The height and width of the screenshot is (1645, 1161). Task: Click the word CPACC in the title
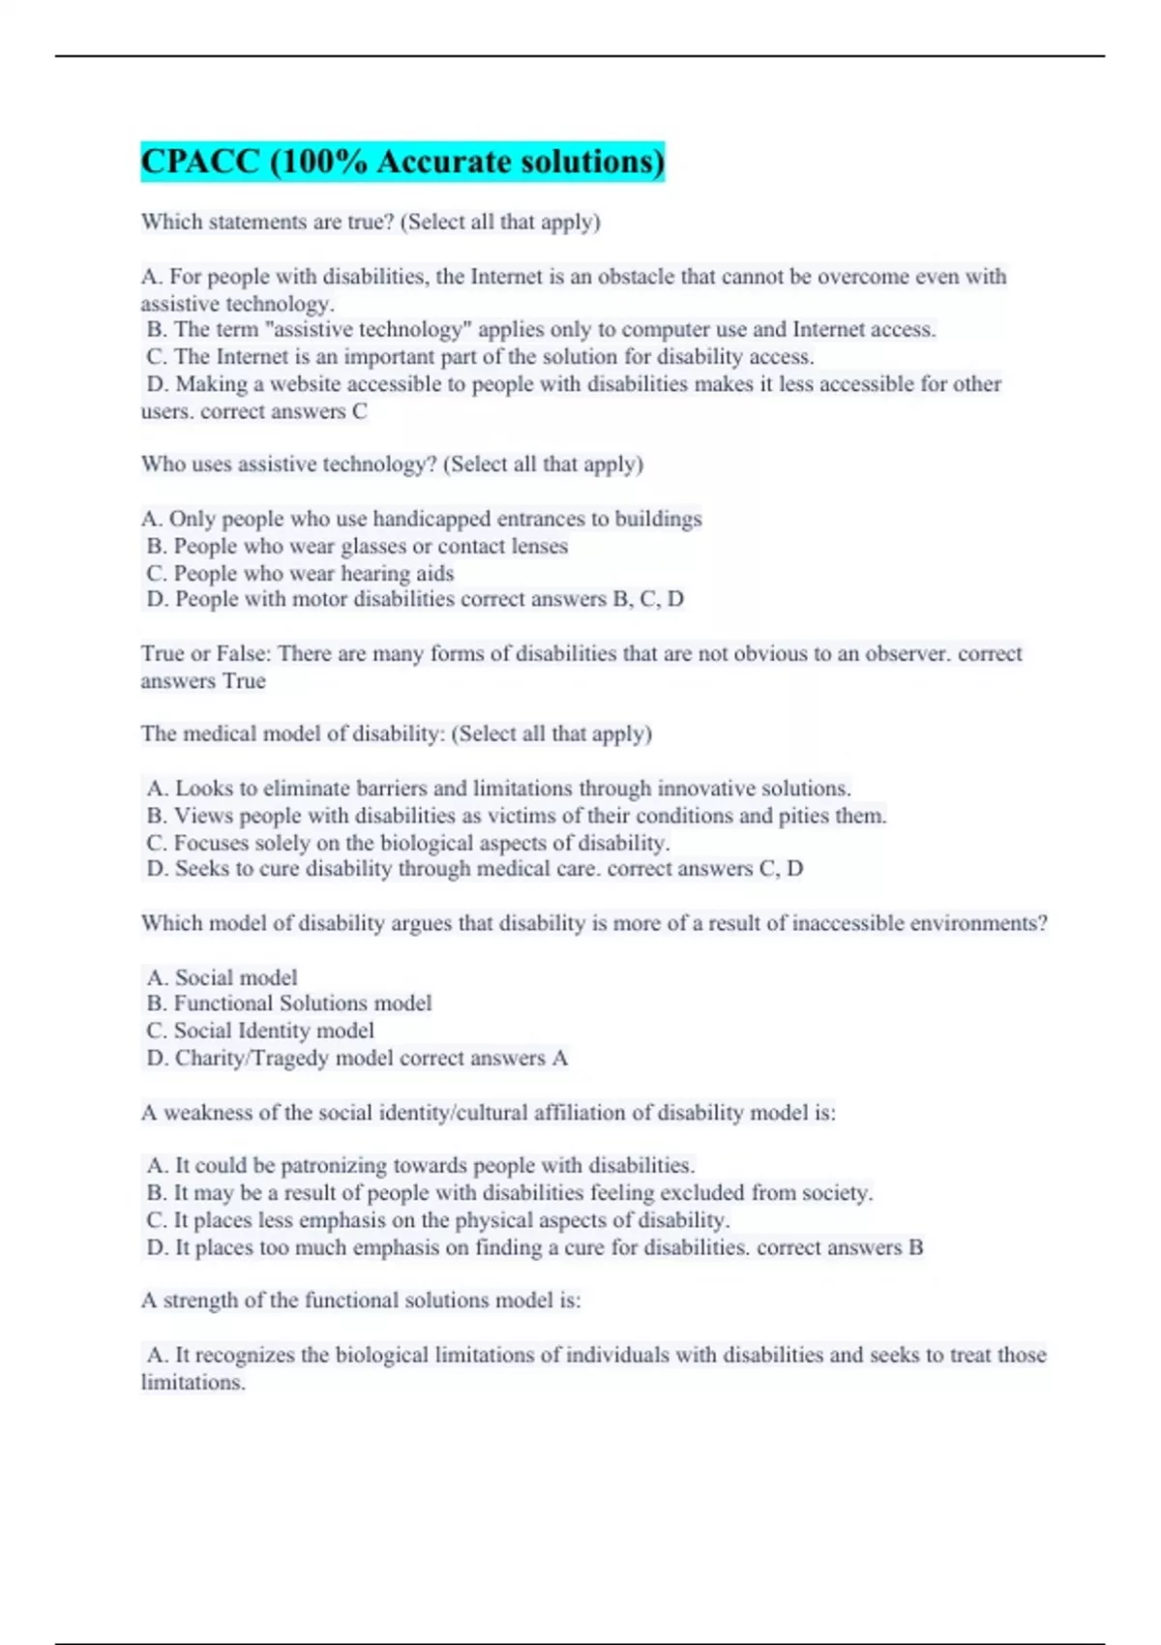pos(200,162)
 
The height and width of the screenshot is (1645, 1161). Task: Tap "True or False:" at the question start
pos(205,654)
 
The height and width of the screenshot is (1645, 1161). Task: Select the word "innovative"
pos(700,789)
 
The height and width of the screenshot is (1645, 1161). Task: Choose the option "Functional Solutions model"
pos(302,1003)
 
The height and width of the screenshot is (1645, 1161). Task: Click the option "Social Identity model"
pos(274,1031)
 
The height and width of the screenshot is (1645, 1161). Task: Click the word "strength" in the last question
pos(199,1301)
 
